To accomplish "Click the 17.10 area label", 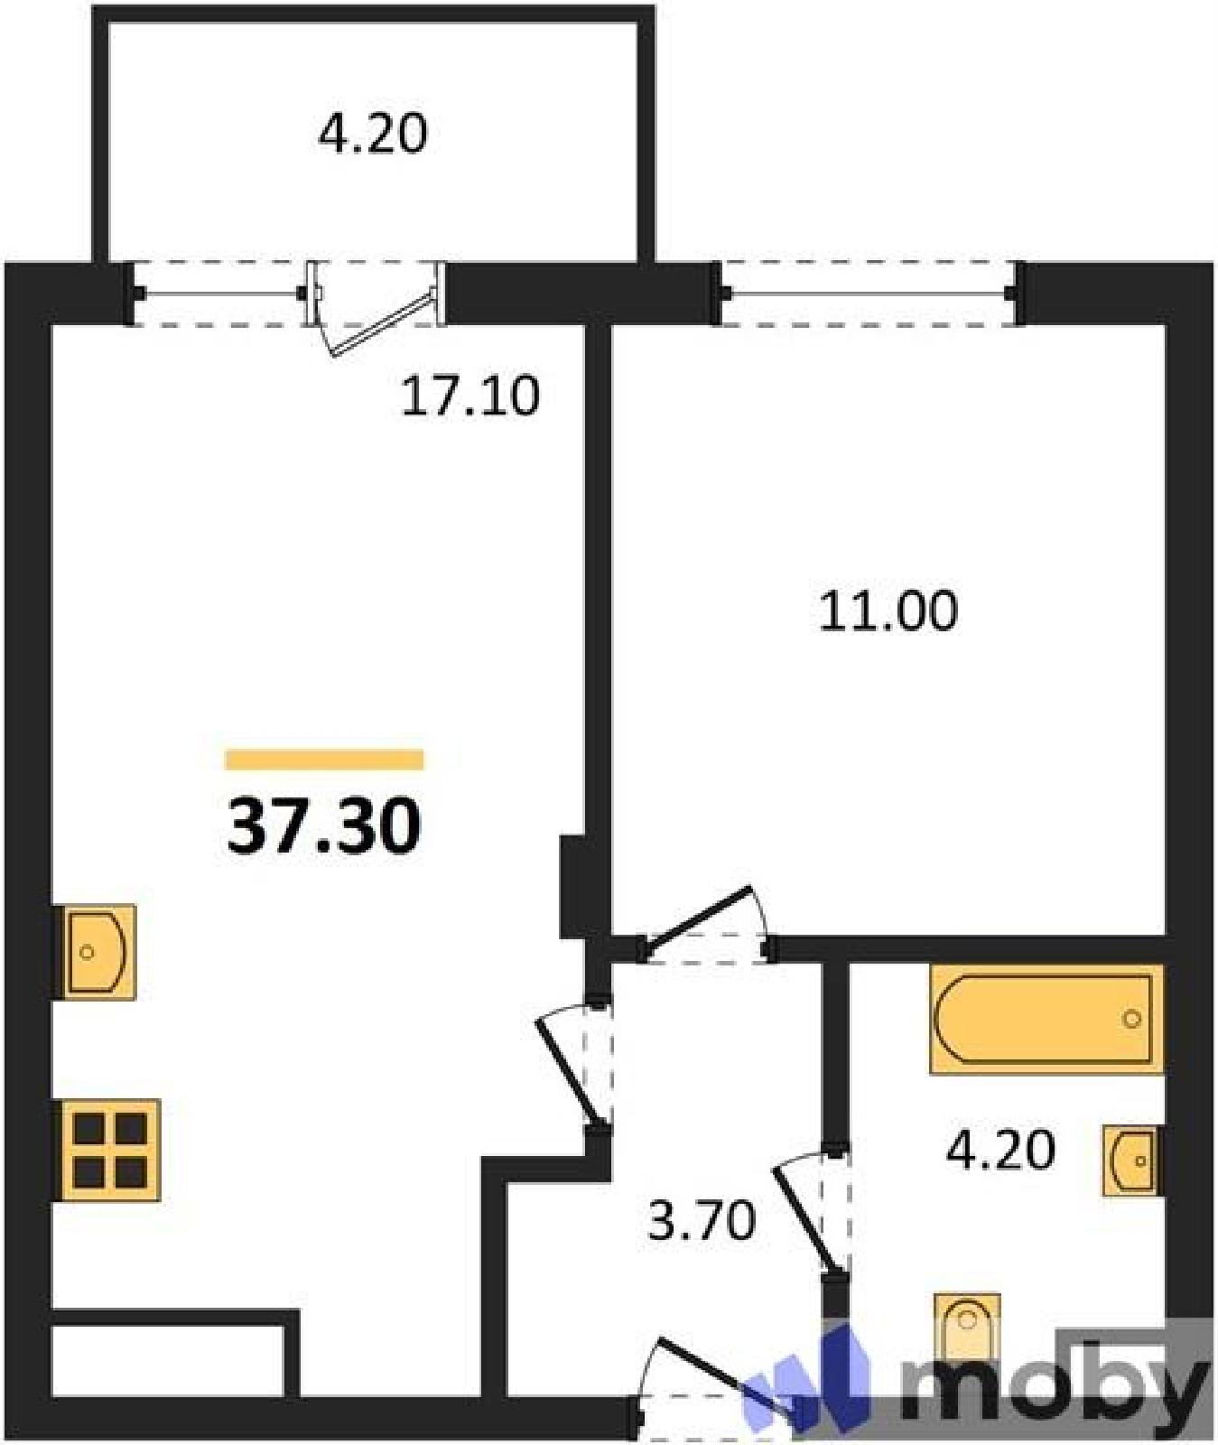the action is [x=470, y=396].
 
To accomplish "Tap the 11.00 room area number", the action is [x=888, y=611].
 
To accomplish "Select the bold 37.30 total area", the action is [x=324, y=826].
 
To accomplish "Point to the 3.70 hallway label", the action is [x=702, y=1221].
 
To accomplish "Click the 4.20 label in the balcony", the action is [x=372, y=135].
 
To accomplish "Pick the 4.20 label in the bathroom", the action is [x=1000, y=1151].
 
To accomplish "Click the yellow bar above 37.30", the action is [x=324, y=760].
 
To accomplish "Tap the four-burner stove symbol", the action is [x=109, y=1150].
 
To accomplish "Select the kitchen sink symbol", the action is [x=98, y=952].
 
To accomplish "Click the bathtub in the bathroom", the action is [x=1046, y=1019].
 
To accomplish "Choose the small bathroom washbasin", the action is [x=1130, y=1161].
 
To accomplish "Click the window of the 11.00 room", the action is [x=869, y=293].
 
